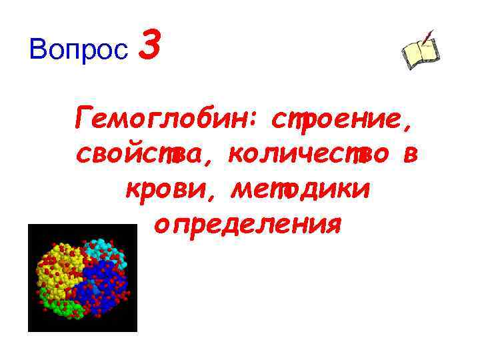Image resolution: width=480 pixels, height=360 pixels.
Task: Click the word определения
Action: [247, 225]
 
